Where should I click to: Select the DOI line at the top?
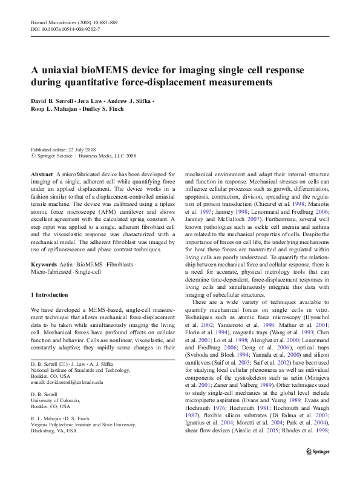pos(65,28)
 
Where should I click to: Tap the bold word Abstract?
pos(41,174)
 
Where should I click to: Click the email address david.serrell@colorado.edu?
pos(72,382)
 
